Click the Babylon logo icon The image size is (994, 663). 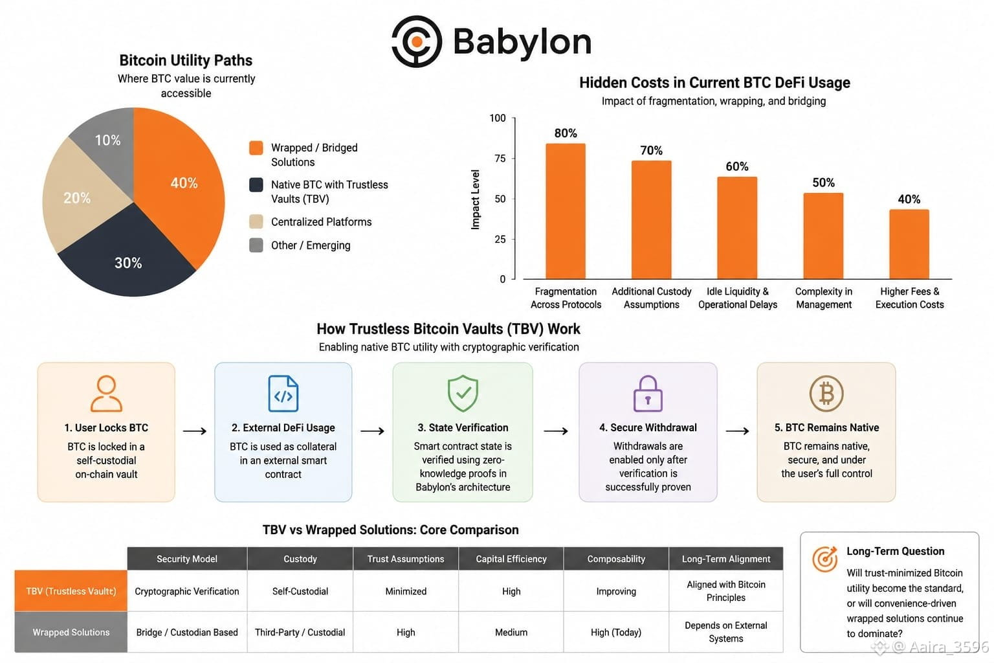[417, 41]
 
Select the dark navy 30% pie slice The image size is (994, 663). [129, 258]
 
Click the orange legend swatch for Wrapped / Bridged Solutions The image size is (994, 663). [256, 148]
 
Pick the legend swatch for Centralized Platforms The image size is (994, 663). [256, 221]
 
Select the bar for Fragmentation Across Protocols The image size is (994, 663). [566, 211]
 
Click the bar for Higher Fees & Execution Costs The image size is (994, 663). [909, 244]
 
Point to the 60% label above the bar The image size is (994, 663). [737, 166]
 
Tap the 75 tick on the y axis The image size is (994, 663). [500, 159]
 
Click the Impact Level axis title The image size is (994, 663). [475, 199]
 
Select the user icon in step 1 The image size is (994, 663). [107, 394]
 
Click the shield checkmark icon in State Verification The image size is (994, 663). [463, 393]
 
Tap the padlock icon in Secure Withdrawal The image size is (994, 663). [648, 394]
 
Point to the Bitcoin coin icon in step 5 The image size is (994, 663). [826, 394]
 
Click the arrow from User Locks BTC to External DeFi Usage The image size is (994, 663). [195, 431]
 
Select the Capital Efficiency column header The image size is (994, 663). [511, 559]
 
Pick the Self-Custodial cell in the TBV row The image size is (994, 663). [300, 592]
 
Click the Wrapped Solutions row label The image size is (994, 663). [71, 633]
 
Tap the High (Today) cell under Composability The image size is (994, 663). [616, 633]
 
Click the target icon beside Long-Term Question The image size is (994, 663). [825, 559]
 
